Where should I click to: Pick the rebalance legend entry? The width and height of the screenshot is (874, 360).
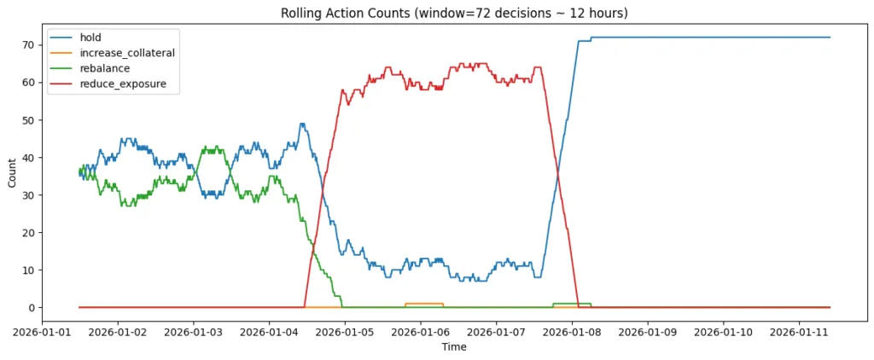[107, 68]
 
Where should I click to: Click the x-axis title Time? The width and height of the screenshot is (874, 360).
[454, 347]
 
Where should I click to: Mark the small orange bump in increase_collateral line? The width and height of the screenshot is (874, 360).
[424, 304]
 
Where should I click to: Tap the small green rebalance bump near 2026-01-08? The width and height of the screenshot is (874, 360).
[572, 304]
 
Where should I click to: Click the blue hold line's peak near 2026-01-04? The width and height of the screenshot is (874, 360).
[302, 124]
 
